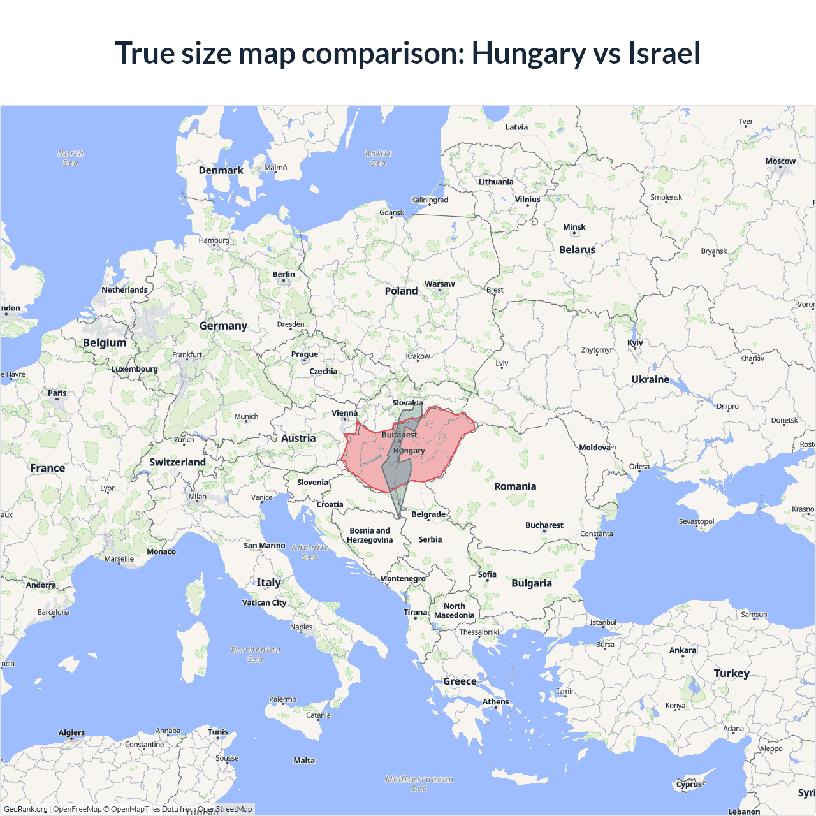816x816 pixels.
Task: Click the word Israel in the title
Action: coord(664,53)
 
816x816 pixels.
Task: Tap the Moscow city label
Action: coord(780,161)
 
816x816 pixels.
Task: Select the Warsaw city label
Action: coord(439,284)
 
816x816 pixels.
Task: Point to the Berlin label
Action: coord(284,275)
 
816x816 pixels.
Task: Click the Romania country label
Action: coord(515,486)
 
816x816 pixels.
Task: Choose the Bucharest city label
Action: coord(544,525)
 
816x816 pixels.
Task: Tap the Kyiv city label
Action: coord(635,343)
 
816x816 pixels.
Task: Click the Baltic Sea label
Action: coord(378,158)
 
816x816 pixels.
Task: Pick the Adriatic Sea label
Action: coord(310,552)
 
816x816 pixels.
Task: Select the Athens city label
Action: coord(495,702)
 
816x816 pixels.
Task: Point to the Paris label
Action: coord(57,393)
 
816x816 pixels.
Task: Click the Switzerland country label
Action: coord(177,462)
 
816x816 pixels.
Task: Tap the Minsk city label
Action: coord(574,228)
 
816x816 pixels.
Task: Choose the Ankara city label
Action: coord(682,651)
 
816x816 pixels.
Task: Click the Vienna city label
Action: coord(344,414)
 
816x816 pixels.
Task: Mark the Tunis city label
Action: coord(217,732)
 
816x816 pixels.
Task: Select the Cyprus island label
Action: coord(688,784)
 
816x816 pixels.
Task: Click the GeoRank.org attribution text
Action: coord(25,809)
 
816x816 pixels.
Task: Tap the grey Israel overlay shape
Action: coord(397,475)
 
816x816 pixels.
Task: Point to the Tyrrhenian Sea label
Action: coord(255,655)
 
